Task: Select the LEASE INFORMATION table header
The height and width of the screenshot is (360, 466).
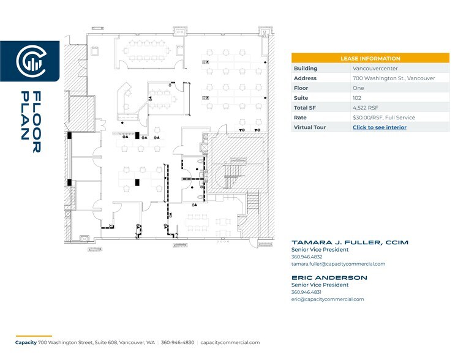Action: click(x=370, y=58)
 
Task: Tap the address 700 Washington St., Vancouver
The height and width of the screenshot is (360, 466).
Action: click(x=394, y=78)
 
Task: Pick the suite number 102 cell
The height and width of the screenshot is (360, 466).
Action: click(x=356, y=98)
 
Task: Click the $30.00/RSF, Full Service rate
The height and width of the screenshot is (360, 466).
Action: click(x=383, y=118)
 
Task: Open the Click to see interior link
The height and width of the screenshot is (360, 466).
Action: click(x=379, y=127)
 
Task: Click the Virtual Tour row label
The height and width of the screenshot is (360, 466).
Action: click(x=309, y=127)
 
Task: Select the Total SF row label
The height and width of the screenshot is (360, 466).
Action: click(x=305, y=108)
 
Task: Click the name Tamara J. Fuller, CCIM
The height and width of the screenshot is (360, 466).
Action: click(x=349, y=242)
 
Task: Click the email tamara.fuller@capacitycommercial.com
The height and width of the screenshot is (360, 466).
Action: click(x=338, y=264)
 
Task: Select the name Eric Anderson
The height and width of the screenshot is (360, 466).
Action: click(x=329, y=278)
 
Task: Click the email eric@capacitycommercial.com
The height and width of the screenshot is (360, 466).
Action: click(x=327, y=299)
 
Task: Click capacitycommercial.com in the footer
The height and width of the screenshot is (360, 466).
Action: click(x=230, y=343)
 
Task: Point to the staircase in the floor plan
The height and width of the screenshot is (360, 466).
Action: click(x=233, y=173)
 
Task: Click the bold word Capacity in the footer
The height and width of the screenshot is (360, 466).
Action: click(x=26, y=343)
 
